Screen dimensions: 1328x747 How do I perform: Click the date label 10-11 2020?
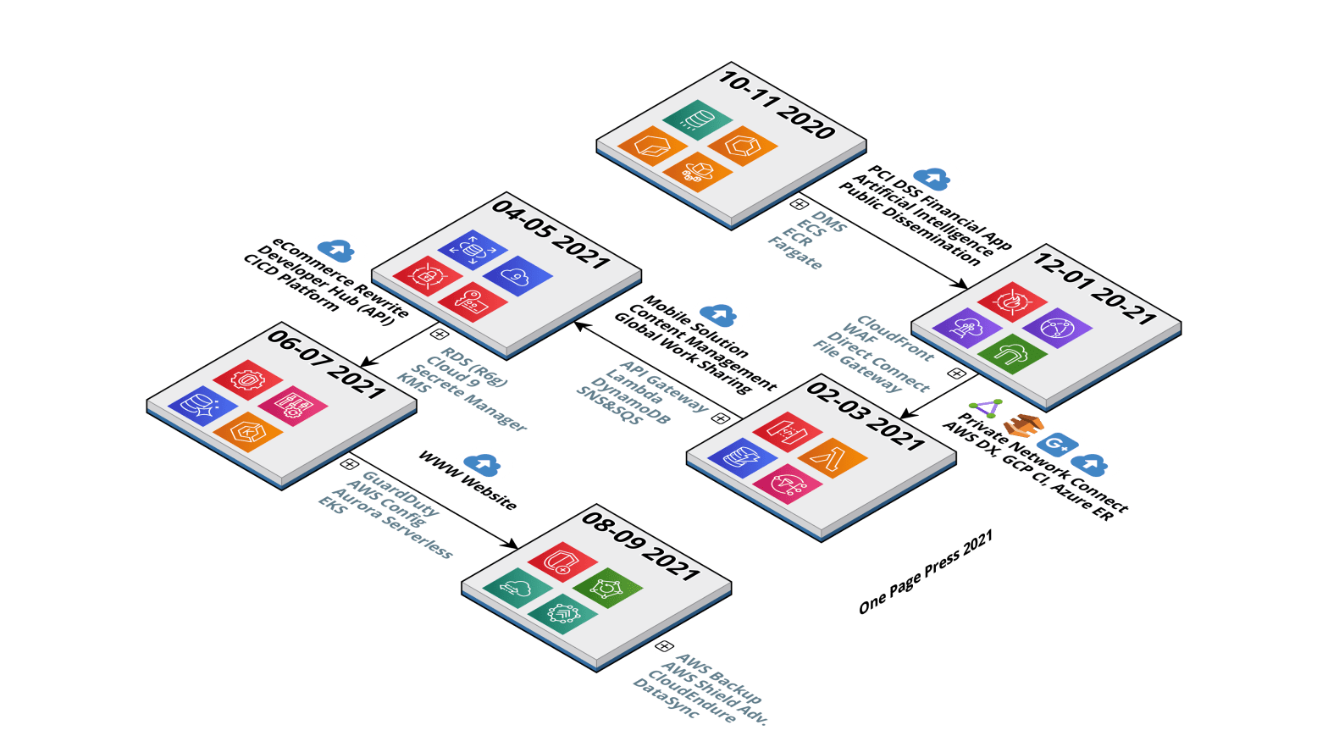point(777,105)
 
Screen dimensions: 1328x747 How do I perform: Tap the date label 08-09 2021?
point(641,546)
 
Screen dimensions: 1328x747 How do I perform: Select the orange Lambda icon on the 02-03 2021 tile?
point(833,457)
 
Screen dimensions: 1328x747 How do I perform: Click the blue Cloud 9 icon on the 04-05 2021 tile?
point(517,276)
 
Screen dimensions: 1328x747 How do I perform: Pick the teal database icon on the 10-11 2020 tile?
point(697,119)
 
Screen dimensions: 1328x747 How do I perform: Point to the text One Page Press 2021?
point(926,572)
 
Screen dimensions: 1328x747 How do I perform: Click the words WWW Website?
point(468,480)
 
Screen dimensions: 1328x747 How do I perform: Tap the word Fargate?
point(795,253)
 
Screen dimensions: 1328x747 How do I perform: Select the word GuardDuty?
point(401,494)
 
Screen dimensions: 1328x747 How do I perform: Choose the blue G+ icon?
point(1057,444)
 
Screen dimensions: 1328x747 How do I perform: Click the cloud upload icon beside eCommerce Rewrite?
point(336,250)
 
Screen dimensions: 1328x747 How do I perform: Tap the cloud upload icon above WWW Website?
point(482,465)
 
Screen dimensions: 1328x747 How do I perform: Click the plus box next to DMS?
point(800,205)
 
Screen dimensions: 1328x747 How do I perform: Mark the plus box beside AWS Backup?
point(664,646)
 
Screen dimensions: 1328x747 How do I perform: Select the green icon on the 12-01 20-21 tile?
point(1012,354)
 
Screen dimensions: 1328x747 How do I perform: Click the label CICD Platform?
point(291,283)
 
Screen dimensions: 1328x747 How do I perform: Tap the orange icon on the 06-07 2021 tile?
point(248,432)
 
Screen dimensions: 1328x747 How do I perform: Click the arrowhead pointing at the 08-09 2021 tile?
point(511,544)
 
